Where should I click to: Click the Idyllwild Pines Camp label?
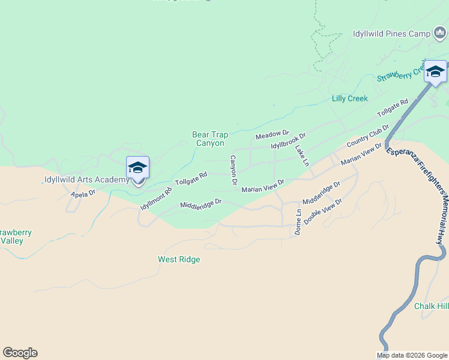pyautogui.click(x=391, y=34)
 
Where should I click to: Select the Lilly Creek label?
pyautogui.click(x=349, y=98)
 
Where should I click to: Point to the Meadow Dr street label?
pyautogui.click(x=272, y=135)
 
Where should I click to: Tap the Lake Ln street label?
pyautogui.click(x=301, y=154)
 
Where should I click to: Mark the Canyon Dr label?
pyautogui.click(x=234, y=170)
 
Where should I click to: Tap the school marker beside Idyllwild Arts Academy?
pyautogui.click(x=137, y=169)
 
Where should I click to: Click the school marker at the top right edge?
pyautogui.click(x=435, y=72)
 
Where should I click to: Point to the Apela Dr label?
pyautogui.click(x=83, y=194)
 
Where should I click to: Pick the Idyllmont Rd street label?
pyautogui.click(x=155, y=199)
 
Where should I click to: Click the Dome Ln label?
pyautogui.click(x=298, y=221)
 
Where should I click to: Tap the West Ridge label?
pyautogui.click(x=179, y=260)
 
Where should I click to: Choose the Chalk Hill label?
pyautogui.click(x=431, y=306)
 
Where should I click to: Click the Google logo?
pyautogui.click(x=20, y=353)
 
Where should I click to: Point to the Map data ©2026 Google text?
pyautogui.click(x=412, y=355)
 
